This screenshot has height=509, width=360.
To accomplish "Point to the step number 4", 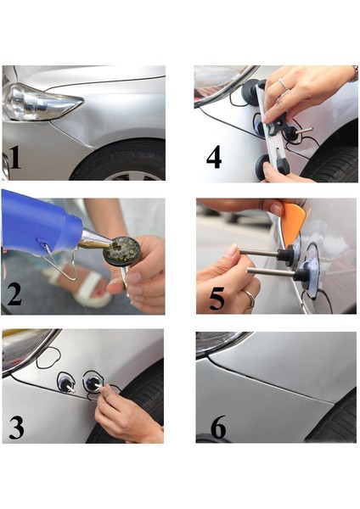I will point(215,159).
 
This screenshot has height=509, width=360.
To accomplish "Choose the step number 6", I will point(218,428).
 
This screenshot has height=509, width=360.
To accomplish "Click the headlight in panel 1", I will point(38,102).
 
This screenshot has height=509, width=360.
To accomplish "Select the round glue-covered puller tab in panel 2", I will point(121,249).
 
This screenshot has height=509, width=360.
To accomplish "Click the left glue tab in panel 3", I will point(65,383).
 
